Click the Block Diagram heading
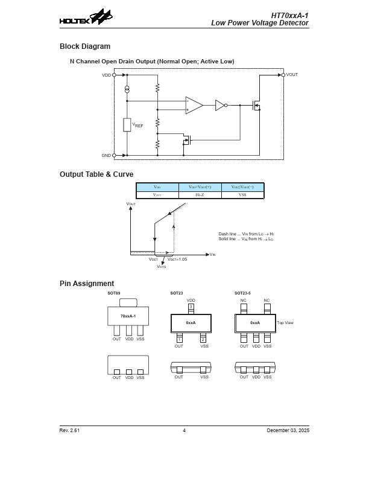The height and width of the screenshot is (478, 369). point(84,46)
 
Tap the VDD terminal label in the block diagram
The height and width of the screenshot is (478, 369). point(106,75)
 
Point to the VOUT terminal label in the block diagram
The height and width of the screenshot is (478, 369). point(292,75)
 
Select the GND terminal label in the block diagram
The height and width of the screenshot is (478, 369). point(106,155)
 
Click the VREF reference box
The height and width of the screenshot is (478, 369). point(127,125)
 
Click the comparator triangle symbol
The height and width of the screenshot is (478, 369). point(194,105)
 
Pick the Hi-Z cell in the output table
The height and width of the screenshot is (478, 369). point(200,195)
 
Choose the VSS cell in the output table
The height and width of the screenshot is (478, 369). point(242,195)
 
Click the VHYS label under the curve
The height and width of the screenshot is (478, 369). point(162,266)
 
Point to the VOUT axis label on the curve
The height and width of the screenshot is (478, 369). point(131,205)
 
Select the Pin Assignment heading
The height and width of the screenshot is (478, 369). point(86,284)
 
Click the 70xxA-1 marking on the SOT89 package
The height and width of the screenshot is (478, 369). point(128,316)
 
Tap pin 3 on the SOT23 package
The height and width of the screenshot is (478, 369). point(191,307)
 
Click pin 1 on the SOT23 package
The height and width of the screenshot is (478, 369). point(179,340)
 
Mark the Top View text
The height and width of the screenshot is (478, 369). point(285,323)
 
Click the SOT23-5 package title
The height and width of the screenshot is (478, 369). point(242,293)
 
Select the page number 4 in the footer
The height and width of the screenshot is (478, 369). point(184,430)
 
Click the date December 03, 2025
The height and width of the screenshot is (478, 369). point(288,430)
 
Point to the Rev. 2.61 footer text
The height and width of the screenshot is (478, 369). point(69,430)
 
